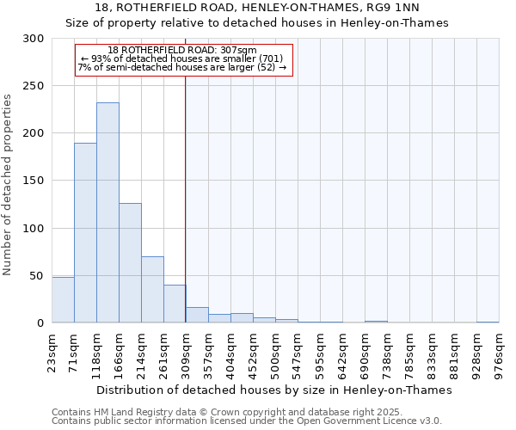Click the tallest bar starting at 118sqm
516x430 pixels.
(x=107, y=212)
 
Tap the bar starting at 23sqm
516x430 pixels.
(x=63, y=300)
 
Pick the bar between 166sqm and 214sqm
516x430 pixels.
(x=130, y=262)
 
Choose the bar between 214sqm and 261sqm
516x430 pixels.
(x=152, y=289)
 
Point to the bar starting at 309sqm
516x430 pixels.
(x=197, y=315)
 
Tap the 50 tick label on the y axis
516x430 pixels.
(x=36, y=276)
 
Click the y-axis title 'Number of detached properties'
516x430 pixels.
(x=8, y=185)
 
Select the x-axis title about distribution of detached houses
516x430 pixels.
(x=273, y=390)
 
